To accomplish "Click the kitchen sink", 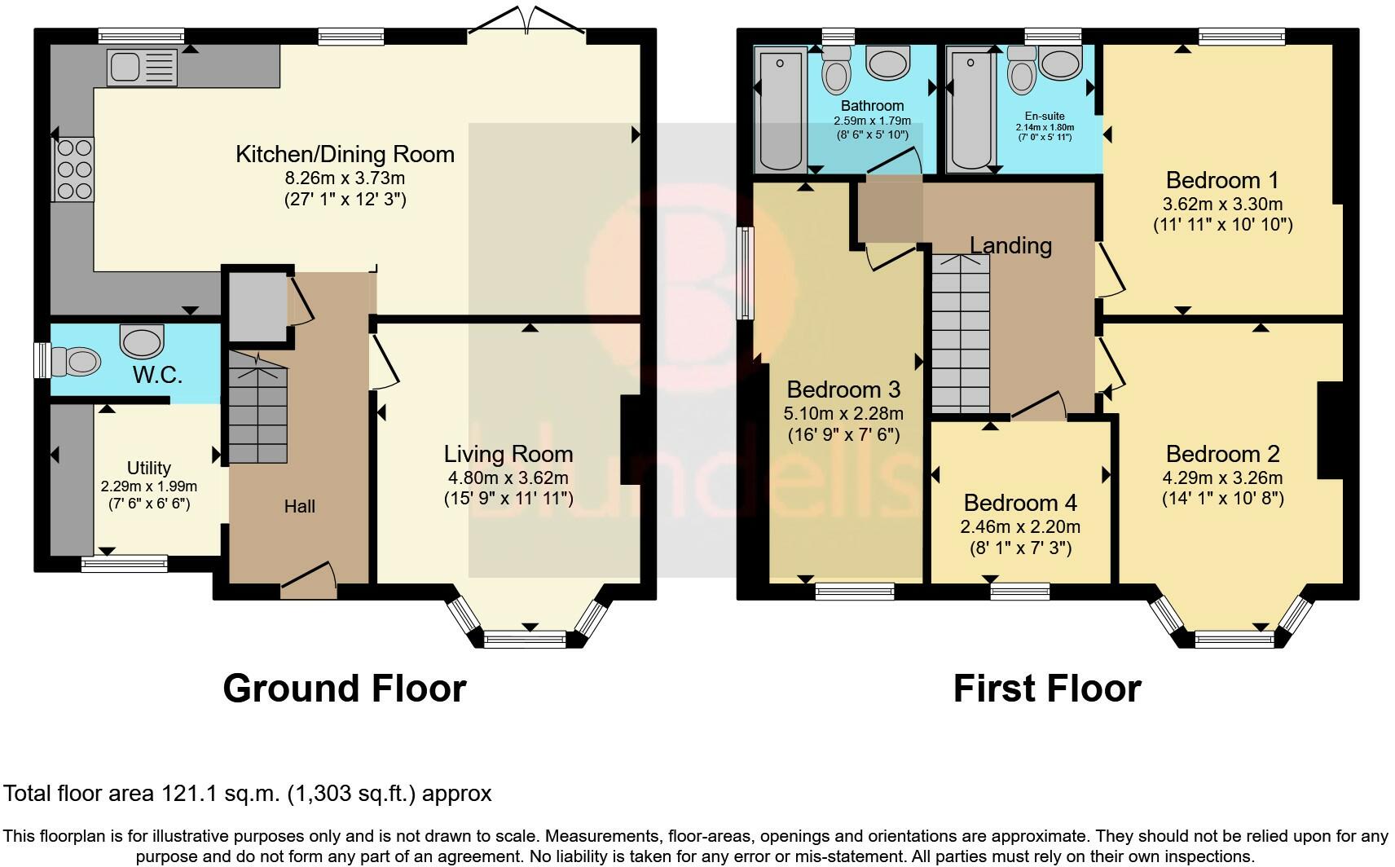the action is [142, 68].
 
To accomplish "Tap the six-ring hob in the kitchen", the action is [74, 169].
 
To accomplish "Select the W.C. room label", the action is [157, 375].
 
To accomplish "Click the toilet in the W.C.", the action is [76, 361].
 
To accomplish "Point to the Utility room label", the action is [149, 468].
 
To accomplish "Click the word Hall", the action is [300, 506].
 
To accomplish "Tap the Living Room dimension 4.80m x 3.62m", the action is [508, 478].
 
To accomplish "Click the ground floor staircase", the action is [257, 408].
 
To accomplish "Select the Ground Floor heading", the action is [345, 689].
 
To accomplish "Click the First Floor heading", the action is [1048, 689].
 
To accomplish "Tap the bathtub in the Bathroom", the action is [781, 112].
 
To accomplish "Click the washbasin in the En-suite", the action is [1060, 64].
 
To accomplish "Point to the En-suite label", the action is [1045, 116].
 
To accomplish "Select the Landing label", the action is [1010, 245].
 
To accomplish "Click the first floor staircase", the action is [961, 333].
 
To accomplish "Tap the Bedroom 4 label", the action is [1020, 503].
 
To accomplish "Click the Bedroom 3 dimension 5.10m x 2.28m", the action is [843, 413].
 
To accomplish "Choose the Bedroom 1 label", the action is [1222, 180].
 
